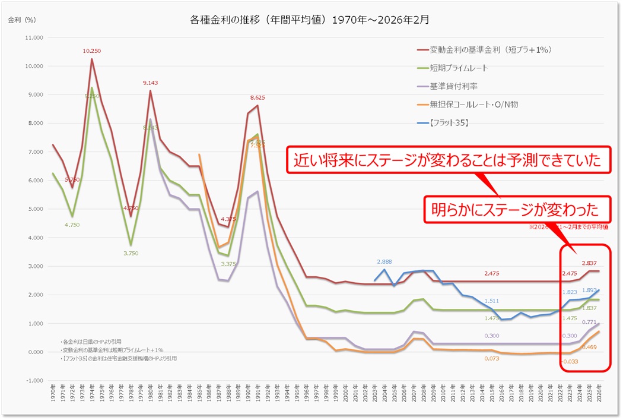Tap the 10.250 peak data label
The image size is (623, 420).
[x=92, y=51]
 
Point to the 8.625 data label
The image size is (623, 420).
[x=258, y=97]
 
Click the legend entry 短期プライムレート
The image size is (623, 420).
[x=459, y=68]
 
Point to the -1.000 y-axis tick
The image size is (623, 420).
[x=35, y=381]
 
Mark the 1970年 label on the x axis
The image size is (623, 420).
[x=54, y=396]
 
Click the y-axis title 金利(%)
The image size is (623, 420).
[x=22, y=20]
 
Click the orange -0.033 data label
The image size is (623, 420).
[x=571, y=361]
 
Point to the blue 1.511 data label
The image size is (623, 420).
[x=492, y=301]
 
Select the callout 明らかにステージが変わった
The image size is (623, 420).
[x=515, y=209]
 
